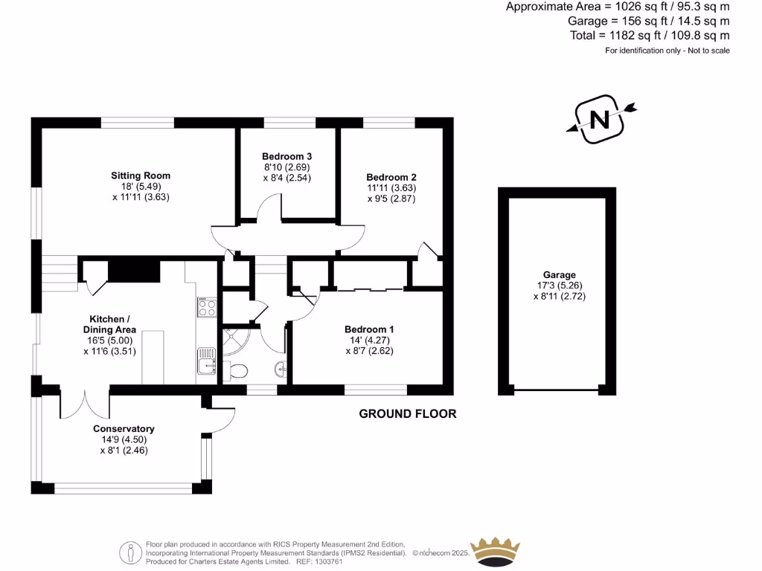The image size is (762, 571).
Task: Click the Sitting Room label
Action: point(141,175)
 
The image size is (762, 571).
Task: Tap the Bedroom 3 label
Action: point(286,156)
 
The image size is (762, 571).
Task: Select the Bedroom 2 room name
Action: point(391,177)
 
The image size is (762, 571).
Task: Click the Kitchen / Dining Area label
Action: point(112,324)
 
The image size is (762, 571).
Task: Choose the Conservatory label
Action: point(124,428)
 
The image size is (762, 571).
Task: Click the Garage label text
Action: point(559,274)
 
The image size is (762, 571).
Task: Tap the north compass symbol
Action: point(600,118)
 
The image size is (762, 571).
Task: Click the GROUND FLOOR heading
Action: point(408,413)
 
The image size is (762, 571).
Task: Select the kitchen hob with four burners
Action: point(206,307)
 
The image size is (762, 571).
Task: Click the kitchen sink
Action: point(206,360)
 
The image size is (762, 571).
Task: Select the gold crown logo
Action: point(496,551)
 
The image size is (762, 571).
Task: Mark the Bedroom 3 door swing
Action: point(269,207)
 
